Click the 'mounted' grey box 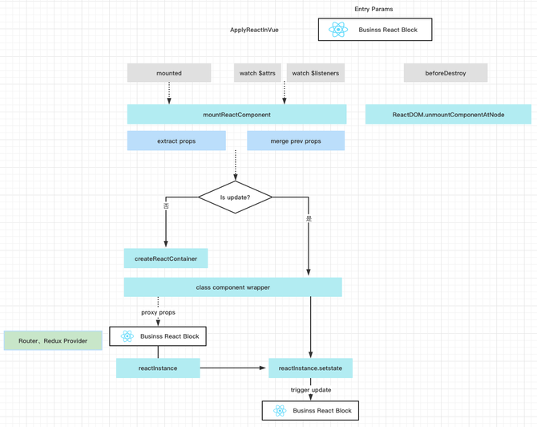pos(169,73)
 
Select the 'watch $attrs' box pos(257,73)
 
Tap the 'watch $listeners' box pos(316,73)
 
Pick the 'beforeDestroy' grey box pos(446,73)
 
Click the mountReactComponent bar pos(236,114)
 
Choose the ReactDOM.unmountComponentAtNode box pos(448,114)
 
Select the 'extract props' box pos(176,140)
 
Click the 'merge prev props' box pos(296,140)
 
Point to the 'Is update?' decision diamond pos(236,197)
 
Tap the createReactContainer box pos(166,258)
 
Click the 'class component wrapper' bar pos(233,287)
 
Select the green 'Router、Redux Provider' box pos(53,340)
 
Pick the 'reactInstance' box pos(158,368)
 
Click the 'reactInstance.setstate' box pos(310,368)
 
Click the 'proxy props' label pos(158,312)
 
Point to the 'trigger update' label pos(311,390)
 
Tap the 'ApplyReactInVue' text pos(254,30)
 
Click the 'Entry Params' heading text pos(373,9)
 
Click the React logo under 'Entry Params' pos(338,30)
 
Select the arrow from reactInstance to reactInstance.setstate pos(233,368)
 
